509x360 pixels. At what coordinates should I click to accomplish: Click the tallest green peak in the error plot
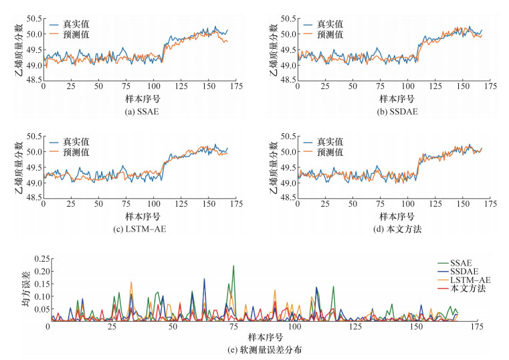[233, 266]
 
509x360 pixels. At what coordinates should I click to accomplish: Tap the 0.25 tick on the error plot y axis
[37, 259]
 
